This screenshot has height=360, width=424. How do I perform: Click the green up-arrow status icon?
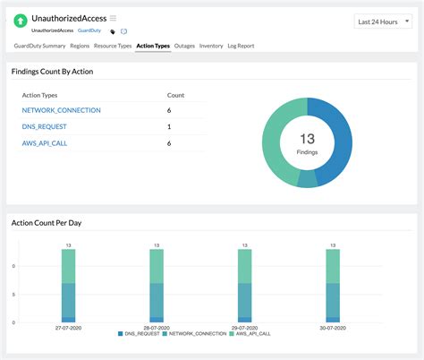pos(21,21)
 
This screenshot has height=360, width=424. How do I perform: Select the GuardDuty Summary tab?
pos(39,45)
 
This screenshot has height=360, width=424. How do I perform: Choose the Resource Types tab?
pos(114,45)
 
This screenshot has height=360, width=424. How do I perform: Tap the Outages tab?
pos(184,45)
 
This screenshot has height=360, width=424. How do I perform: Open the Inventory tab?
pos(211,45)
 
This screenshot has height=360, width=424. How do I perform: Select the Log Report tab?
pos(241,45)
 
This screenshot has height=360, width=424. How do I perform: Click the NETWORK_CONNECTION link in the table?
pos(61,110)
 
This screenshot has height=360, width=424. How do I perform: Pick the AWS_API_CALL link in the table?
pos(45,143)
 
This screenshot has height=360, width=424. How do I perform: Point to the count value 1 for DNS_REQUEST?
pos(169,126)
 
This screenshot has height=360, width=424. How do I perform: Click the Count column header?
pos(176,94)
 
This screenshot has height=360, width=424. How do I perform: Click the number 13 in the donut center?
pos(307,138)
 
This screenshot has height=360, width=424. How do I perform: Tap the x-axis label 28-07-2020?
pos(157,328)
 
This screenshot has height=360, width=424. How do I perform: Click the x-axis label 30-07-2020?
pos(332,328)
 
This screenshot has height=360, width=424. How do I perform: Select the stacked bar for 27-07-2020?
pos(69,285)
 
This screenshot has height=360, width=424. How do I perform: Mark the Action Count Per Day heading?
pos(46,222)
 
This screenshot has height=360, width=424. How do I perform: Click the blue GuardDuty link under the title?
pos(89,30)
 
